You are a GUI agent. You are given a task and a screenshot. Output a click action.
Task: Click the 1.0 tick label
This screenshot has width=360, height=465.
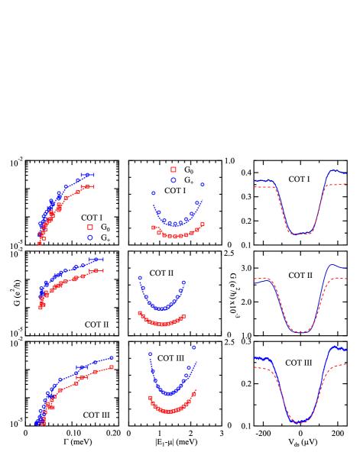coord(229,161)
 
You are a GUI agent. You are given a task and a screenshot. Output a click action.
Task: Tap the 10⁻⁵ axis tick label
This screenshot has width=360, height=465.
coord(16,423)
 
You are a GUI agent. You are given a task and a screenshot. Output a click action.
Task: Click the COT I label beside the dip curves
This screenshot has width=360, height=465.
coord(299,179)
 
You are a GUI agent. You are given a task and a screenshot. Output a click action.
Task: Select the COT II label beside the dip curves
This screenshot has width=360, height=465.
coord(300,276)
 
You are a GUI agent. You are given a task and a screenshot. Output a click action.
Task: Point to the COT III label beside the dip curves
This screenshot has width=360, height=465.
coord(299,363)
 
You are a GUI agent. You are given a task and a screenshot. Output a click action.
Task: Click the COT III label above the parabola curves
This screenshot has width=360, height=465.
coord(170,358)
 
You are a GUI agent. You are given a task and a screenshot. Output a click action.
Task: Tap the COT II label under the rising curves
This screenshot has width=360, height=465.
coord(96,325)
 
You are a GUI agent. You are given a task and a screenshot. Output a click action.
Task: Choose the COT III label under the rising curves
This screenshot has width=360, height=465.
coord(96,415)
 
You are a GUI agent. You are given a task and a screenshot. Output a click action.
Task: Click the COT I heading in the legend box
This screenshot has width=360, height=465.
coord(92,218)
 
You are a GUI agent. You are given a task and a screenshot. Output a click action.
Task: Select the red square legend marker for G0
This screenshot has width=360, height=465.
coord(89,228)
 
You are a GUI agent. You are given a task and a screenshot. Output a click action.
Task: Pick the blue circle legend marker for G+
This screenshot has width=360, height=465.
coord(89,237)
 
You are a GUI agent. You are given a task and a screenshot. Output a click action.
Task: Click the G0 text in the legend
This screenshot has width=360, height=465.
coord(105,228)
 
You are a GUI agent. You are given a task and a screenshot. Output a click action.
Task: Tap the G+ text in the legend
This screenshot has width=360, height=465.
coord(105,238)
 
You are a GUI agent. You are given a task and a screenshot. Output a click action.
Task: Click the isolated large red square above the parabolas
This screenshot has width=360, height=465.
coord(174,170)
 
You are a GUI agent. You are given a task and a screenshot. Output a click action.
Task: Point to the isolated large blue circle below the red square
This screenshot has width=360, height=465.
coord(174,180)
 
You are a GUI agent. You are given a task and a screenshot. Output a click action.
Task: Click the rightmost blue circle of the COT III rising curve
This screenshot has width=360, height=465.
coord(112,357)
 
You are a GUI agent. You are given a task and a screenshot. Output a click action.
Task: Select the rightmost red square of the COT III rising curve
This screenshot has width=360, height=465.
coord(112,367)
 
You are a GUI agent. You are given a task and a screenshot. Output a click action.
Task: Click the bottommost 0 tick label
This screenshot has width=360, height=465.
coord(229,425)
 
